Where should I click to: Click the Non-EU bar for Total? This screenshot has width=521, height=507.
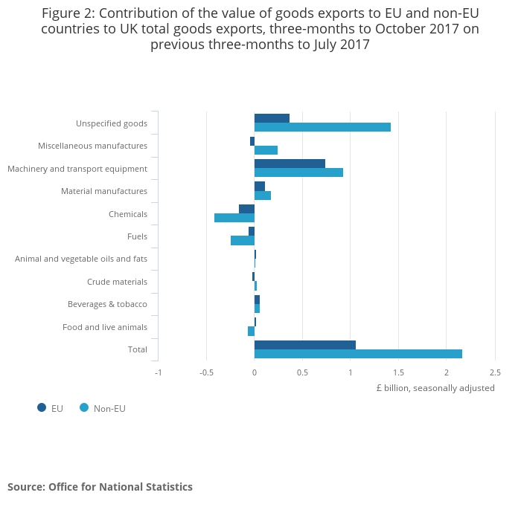pos(358,354)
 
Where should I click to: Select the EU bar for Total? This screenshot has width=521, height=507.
pos(305,345)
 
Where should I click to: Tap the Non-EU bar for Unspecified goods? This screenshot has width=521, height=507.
pos(322,127)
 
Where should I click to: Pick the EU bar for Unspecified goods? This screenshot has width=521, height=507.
pos(272,118)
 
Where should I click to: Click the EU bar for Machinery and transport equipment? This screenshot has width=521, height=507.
pos(290,164)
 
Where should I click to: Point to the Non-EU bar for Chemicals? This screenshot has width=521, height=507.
pos(234,218)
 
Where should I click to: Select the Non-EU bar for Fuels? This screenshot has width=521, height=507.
pos(243,241)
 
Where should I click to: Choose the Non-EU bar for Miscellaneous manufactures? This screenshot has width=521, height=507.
pos(266,150)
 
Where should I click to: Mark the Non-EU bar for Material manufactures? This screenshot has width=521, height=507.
pos(263,196)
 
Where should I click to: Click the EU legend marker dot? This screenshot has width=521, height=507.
pos(42,407)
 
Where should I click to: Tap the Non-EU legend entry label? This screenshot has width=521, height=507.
pos(109,408)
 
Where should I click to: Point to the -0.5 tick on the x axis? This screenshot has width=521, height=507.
pos(206,372)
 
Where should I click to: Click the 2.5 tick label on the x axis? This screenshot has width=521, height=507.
pos(494,372)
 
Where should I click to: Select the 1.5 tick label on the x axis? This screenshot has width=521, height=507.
pos(398,372)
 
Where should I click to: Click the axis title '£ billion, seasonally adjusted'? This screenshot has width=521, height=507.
pos(435,388)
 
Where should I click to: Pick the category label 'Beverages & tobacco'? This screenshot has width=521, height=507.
pos(107,304)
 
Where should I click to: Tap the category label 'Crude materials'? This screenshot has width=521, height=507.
pos(117,282)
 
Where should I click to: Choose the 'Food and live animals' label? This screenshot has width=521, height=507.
pos(105,327)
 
